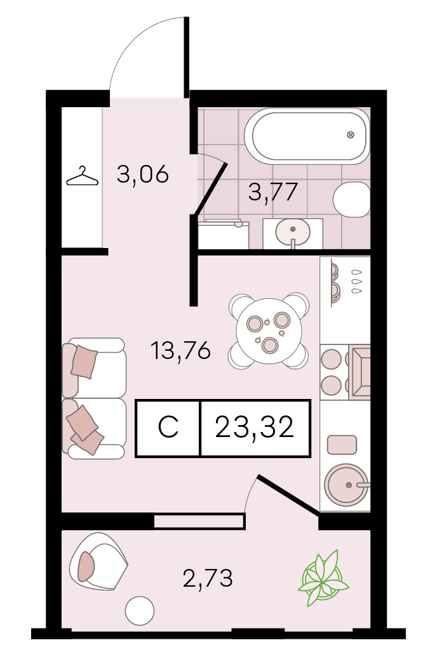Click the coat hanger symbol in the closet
click(x=82, y=177)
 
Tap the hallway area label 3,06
click(x=143, y=174)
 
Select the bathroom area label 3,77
click(x=272, y=192)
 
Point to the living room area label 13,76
click(x=180, y=351)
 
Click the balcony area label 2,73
click(x=208, y=578)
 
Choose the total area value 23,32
click(x=255, y=428)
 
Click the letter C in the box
click(x=168, y=428)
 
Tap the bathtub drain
click(x=351, y=136)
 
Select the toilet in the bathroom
click(x=352, y=199)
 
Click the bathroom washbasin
click(x=293, y=232)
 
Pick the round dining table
click(x=269, y=331)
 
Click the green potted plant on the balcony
click(x=323, y=577)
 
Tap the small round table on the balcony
click(x=140, y=611)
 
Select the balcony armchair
click(x=98, y=561)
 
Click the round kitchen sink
click(x=347, y=485)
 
